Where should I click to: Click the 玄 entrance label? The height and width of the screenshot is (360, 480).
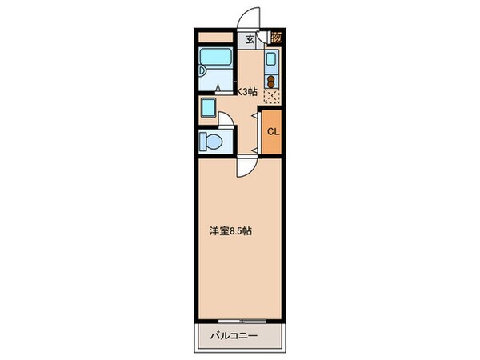point(250,38)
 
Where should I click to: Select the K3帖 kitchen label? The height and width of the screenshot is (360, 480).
point(245,91)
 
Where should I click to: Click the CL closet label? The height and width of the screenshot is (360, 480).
point(273,132)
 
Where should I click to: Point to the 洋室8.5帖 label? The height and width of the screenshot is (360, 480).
point(231,232)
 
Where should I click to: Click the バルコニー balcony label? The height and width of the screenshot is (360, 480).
point(234,336)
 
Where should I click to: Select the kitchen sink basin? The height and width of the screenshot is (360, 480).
point(270,60)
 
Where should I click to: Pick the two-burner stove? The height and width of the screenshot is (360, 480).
point(270,80)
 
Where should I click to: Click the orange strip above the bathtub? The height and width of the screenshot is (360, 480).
point(214,37)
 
